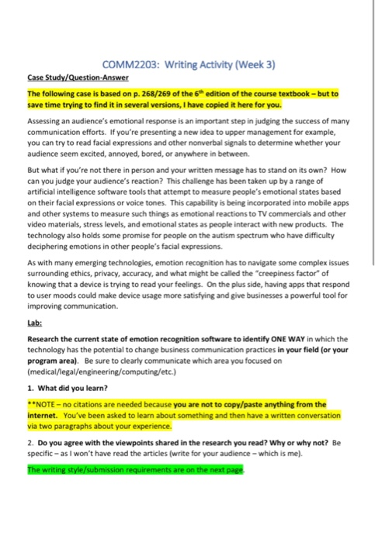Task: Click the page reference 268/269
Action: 167,93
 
